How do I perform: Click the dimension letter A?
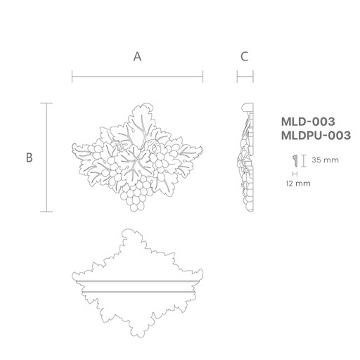(137, 57)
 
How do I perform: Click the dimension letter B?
(30, 157)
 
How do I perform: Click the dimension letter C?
(245, 57)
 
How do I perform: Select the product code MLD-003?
(308, 122)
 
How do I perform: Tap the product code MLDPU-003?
(316, 136)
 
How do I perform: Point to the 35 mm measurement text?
(326, 160)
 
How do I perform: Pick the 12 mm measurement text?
(298, 184)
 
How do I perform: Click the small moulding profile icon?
(295, 161)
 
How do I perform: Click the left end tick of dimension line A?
(72, 77)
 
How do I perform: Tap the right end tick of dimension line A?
(202, 77)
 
